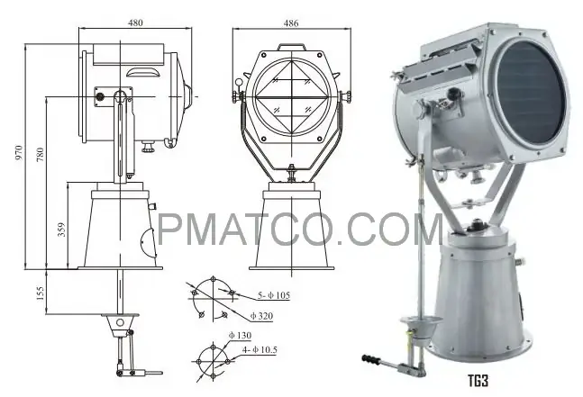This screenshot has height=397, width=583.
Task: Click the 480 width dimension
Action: (135, 23)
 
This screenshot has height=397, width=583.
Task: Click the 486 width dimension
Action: (291, 23)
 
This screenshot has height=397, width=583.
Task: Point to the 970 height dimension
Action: (19, 153)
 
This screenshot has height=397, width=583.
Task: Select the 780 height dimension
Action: (40, 155)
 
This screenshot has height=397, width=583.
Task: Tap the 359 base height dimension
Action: (61, 230)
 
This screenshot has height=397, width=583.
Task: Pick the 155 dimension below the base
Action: (40, 293)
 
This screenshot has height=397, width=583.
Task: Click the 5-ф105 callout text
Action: (274, 295)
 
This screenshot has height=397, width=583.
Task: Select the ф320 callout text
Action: (261, 316)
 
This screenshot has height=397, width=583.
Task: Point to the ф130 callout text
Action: (240, 336)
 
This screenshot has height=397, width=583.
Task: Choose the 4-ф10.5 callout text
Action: (260, 350)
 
